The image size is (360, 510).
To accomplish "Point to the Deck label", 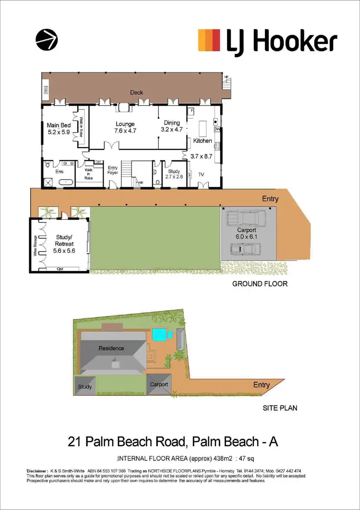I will click(137, 93).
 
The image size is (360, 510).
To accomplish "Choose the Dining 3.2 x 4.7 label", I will click(171, 126).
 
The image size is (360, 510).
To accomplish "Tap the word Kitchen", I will click(203, 141).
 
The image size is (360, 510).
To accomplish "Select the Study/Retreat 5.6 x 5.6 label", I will click(63, 243).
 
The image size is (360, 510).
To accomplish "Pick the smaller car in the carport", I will click(243, 250).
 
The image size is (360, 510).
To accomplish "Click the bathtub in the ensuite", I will click(66, 182).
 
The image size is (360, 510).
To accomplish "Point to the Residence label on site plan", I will click(111, 348).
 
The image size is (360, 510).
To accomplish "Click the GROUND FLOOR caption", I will click(260, 284).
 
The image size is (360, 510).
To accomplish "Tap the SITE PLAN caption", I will click(280, 408).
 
